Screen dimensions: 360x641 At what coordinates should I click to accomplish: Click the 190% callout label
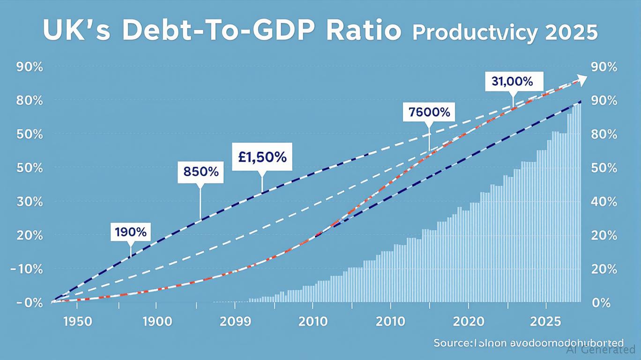[130, 232]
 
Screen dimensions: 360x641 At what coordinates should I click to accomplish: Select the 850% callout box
[201, 172]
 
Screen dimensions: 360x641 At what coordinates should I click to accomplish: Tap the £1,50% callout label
[262, 157]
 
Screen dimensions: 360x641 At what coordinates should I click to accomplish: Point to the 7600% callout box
[429, 112]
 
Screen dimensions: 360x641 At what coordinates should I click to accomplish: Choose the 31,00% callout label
[512, 82]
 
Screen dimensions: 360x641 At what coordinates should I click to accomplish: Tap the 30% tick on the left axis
[30, 202]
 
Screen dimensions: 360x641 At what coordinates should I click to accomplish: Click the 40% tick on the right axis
[604, 202]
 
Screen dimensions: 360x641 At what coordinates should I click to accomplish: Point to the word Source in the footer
[451, 343]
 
